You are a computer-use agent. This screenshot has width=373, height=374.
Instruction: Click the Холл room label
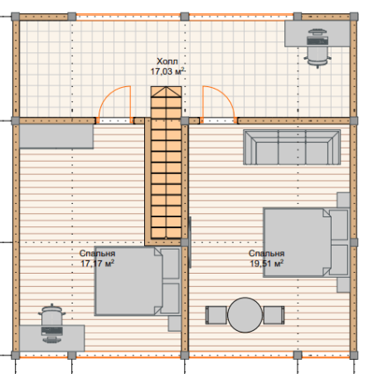coord(167,61)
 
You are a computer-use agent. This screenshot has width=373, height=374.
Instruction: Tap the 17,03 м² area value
coord(167,71)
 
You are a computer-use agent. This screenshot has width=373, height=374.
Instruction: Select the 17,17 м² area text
coord(97,264)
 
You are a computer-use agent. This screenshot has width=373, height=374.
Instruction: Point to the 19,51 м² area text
coord(267,264)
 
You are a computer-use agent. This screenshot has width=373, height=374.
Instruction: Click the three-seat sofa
coord(292,148)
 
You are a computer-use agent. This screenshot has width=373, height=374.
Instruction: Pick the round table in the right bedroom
coord(245,315)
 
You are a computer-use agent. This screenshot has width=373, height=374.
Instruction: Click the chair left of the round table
coord(216,315)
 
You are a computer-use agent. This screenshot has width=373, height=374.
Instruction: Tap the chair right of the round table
coord(274,315)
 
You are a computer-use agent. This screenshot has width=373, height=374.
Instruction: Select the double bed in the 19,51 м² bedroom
coord(307,242)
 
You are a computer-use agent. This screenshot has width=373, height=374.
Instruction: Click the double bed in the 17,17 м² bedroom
coord(138,281)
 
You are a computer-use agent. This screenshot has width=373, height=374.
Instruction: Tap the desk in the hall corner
coord(317,34)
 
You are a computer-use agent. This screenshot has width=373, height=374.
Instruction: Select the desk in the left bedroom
coord(51,338)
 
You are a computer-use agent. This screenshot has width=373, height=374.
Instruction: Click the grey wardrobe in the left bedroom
coord(56,136)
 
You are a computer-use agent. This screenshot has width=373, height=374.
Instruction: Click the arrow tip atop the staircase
coord(166,87)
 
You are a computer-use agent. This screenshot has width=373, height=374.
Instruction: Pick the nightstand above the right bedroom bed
coord(343,200)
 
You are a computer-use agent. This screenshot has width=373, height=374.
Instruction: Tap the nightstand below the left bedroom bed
coord(175,323)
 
